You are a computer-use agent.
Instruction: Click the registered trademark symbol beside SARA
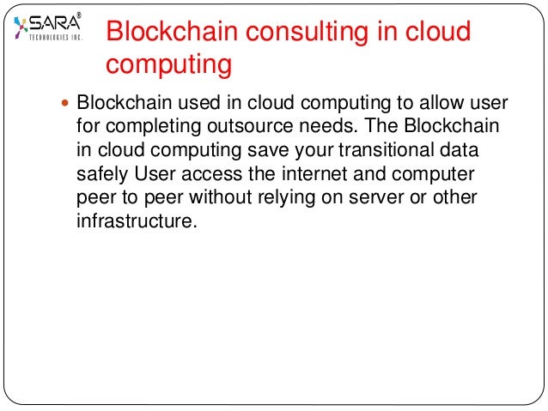tap(80, 15)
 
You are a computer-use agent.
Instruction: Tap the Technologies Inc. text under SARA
tap(55, 38)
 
